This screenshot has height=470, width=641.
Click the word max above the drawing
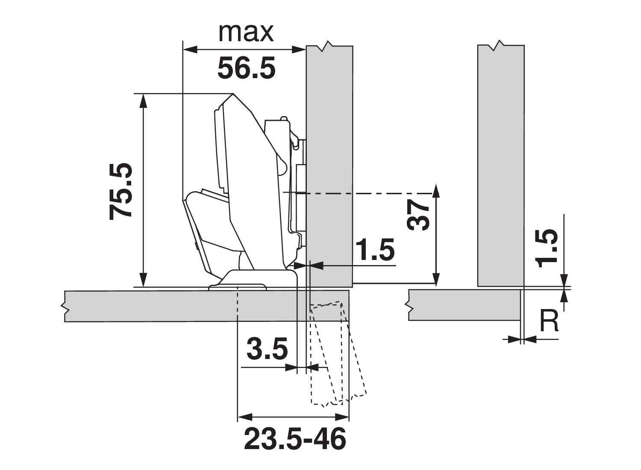(x=246, y=33)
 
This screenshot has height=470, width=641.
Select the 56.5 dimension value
(x=247, y=68)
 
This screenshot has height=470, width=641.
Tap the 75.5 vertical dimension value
(x=121, y=192)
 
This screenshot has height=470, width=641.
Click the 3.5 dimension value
(x=267, y=349)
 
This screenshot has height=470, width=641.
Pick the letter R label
(x=549, y=321)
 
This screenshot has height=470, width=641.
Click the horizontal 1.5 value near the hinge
(x=376, y=250)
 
